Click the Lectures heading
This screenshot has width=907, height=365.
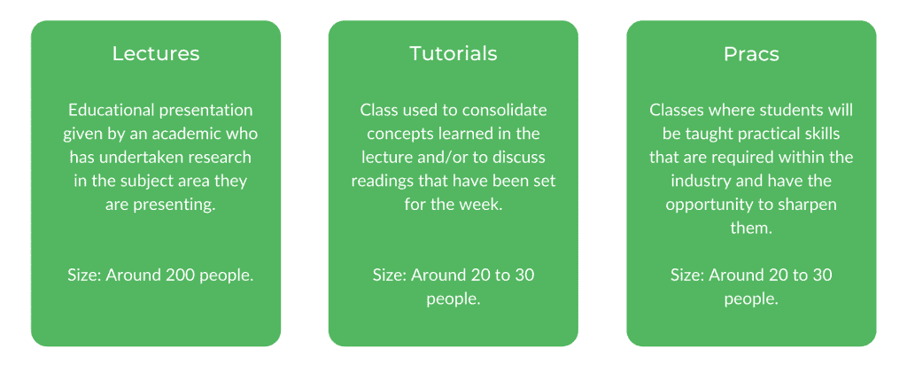pos(156,54)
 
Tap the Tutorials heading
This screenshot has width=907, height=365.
pos(453,54)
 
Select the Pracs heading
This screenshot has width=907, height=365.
pos(751,54)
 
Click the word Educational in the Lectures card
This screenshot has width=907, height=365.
pos(108,110)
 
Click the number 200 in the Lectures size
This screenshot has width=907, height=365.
pos(182,276)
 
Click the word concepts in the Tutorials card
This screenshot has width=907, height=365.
pos(398,134)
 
